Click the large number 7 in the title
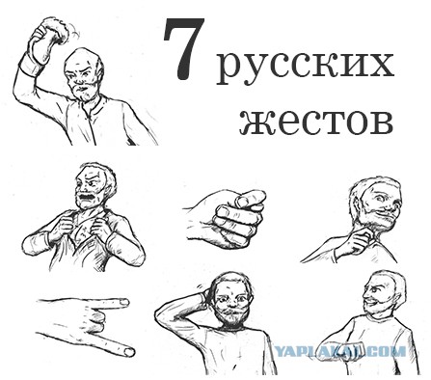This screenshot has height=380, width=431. [184, 48]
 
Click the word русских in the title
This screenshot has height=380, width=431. [305, 68]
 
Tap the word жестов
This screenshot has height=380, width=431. [316, 122]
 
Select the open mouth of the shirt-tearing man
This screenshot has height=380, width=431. [86, 196]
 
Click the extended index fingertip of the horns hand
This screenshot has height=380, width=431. [123, 302]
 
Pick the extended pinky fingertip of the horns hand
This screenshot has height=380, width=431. [129, 352]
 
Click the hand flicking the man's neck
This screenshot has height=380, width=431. [360, 242]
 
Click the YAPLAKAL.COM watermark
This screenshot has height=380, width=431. [339, 351]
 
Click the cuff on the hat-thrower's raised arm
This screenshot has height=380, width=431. [30, 64]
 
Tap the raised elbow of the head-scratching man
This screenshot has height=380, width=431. [160, 313]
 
